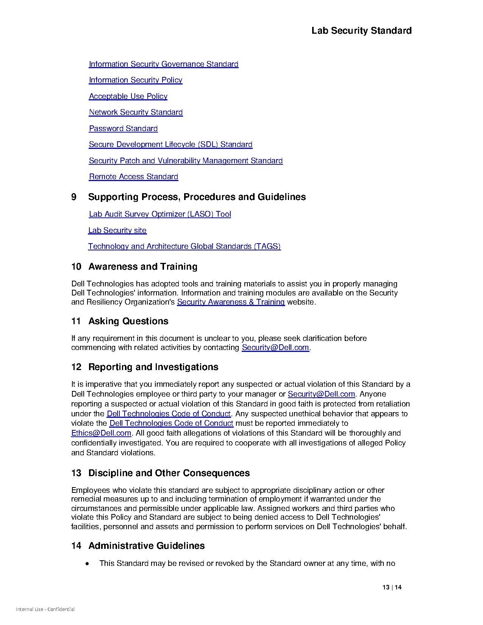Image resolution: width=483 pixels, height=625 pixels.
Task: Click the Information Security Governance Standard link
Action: [163, 64]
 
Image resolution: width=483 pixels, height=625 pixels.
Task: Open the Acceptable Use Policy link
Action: [128, 96]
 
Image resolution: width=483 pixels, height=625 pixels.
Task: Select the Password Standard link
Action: [123, 128]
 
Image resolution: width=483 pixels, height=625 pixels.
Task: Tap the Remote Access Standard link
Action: [133, 177]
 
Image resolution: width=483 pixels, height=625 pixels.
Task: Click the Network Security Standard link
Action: [136, 112]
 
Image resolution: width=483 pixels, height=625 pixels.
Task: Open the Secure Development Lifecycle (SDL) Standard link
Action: [170, 144]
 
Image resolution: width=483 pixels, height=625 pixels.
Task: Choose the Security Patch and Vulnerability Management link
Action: [186, 161]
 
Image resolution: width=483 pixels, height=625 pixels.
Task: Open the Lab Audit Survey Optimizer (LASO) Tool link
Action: [159, 214]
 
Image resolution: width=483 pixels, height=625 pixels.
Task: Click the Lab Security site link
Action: [117, 230]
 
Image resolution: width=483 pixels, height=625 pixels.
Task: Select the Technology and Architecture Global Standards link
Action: [184, 246]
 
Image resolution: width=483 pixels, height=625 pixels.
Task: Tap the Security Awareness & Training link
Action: [231, 302]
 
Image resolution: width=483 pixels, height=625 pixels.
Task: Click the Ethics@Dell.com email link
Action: [101, 433]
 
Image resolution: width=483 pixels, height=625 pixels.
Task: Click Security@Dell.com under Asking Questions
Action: [275, 347]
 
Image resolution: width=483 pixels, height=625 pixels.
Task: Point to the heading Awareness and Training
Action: [143, 267]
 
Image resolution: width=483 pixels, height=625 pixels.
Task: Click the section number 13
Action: [76, 473]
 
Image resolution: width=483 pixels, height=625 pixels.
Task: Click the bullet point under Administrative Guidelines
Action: [88, 564]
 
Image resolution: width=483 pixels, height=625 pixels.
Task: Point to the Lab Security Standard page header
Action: [361, 31]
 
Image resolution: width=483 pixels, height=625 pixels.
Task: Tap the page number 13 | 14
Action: [392, 587]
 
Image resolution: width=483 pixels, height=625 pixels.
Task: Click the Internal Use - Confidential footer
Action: [45, 609]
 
